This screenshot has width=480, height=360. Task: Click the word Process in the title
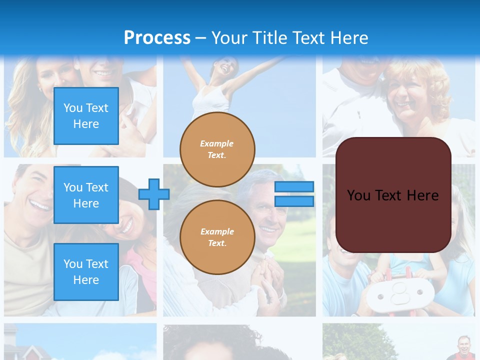(157, 38)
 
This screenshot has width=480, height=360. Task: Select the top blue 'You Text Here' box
(86, 116)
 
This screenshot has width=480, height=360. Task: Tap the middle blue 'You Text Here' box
(86, 195)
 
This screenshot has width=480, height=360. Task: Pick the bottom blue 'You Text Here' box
(86, 272)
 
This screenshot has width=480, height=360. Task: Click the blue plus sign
(153, 194)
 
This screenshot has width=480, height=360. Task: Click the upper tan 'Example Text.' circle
(217, 149)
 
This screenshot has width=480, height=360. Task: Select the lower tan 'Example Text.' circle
(217, 237)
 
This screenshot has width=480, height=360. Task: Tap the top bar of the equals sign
(294, 187)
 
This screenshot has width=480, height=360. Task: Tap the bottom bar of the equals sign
(294, 201)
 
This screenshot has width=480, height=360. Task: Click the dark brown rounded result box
(393, 195)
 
